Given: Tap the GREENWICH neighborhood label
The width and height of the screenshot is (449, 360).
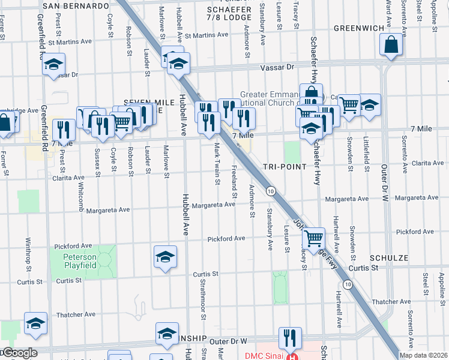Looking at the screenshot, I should point(358,28).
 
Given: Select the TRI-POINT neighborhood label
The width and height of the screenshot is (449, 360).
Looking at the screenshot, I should point(285,166).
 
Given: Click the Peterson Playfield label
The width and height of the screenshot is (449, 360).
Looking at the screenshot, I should point(80,260).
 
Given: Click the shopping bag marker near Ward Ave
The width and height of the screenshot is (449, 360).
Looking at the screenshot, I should point(391,45).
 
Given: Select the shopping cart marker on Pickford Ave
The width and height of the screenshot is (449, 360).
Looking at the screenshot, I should point(313,238).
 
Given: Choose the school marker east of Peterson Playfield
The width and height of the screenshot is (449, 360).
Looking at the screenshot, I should point(166,257).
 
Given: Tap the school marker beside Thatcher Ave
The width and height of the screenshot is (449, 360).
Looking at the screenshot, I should point(35,323).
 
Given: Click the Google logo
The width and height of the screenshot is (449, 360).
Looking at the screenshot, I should point(19,353).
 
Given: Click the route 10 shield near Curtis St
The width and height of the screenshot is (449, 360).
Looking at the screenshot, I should point(348,283).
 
